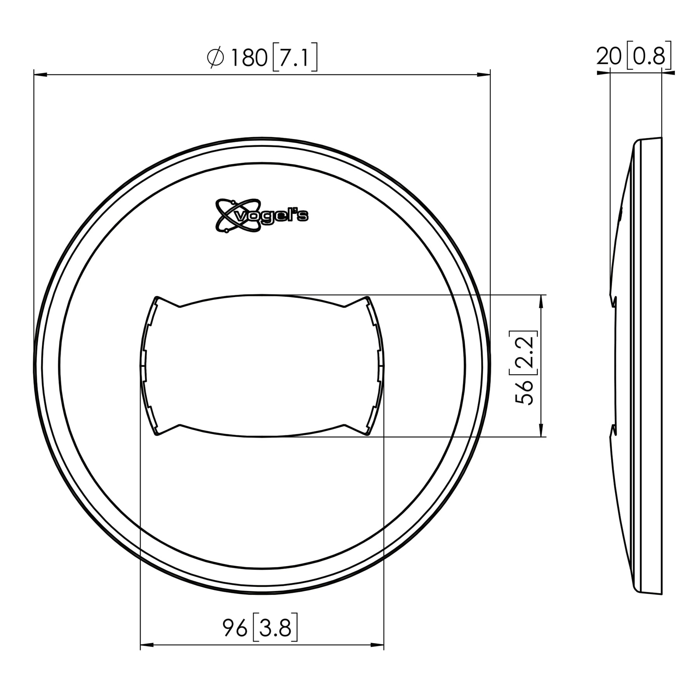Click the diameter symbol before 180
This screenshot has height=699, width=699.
tap(216, 58)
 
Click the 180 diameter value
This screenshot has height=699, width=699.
tap(249, 58)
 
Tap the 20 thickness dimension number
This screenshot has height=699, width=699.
tap(609, 57)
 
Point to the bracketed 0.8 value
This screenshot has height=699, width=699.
tap(649, 57)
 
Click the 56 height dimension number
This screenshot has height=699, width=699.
tap(524, 392)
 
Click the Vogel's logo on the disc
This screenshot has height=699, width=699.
tap(262, 216)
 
